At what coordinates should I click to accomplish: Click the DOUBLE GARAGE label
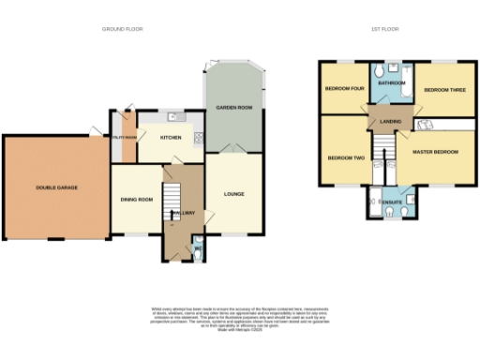56,187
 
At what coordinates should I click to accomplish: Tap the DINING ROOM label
136,199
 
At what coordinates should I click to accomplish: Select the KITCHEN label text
171,138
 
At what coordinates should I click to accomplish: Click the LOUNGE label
233,194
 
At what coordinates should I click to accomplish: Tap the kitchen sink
173,116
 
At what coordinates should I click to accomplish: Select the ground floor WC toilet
196,250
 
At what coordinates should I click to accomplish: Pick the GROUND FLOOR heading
122,29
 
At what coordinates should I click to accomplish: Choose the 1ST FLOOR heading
384,29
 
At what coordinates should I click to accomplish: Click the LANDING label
390,119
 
